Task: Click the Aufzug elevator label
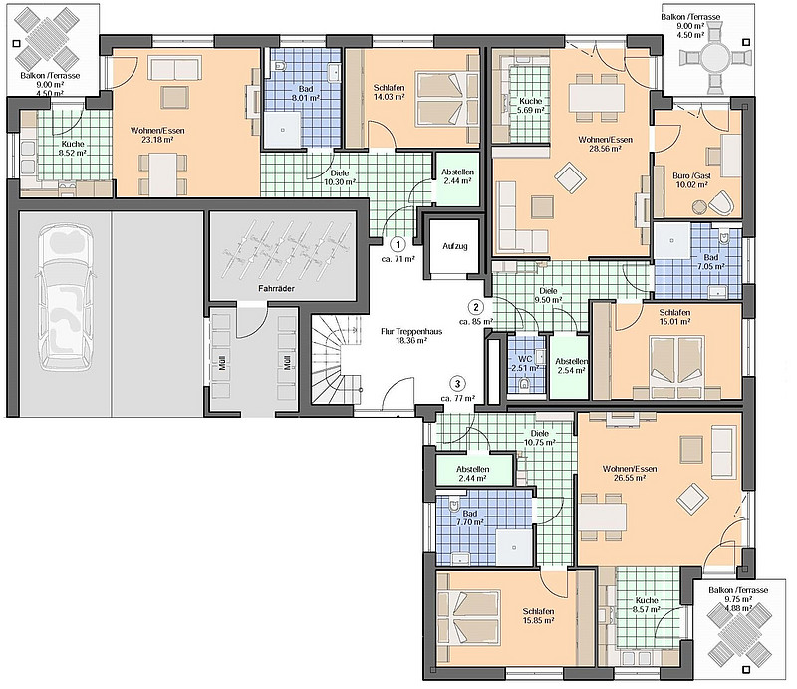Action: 454,246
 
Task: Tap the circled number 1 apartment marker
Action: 398,245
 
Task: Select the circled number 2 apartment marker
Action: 476,307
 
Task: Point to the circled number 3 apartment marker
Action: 458,384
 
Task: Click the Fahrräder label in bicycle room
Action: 276,288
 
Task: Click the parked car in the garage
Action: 65,299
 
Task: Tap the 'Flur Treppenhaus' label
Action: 411,336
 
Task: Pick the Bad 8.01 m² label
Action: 305,93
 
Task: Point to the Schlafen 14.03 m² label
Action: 389,92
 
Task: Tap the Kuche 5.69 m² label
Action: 530,106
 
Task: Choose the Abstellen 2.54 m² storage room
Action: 569,365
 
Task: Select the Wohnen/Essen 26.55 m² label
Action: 630,474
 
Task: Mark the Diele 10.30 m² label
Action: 340,177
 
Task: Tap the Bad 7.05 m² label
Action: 710,262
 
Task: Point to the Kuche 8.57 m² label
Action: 646,605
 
